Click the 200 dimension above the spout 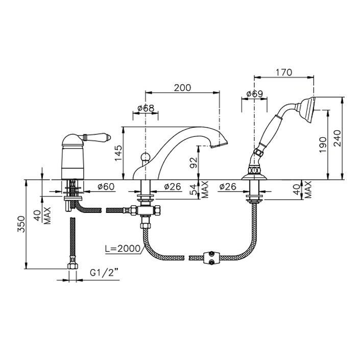click(x=182, y=88)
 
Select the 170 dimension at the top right click(x=284, y=73)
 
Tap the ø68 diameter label click(x=146, y=108)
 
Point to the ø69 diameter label click(x=254, y=94)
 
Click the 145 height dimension click(x=119, y=153)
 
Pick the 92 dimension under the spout click(x=194, y=163)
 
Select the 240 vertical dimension click(x=338, y=138)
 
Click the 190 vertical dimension click(x=323, y=145)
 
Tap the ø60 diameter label click(x=106, y=186)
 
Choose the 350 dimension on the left click(x=21, y=224)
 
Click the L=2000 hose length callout click(x=123, y=248)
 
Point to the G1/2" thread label click(x=102, y=273)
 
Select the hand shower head click(x=308, y=106)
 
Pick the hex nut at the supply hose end click(x=73, y=266)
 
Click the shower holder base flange click(x=254, y=177)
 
